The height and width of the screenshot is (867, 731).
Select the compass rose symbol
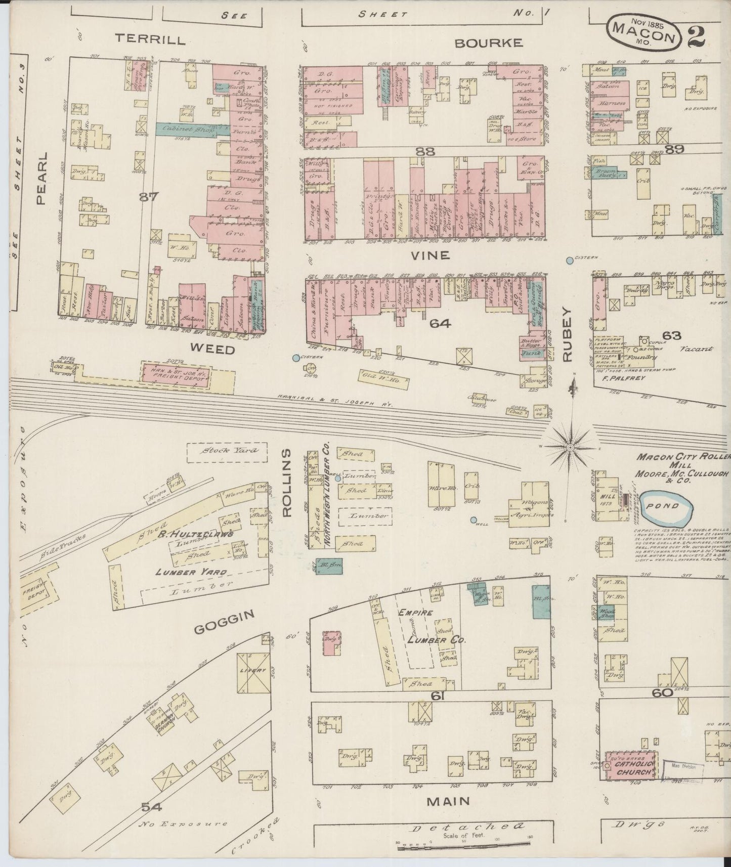point(570,447)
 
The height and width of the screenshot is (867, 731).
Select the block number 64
point(440,323)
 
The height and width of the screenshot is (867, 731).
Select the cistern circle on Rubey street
point(570,261)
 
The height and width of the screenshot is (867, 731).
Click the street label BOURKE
point(488,42)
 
